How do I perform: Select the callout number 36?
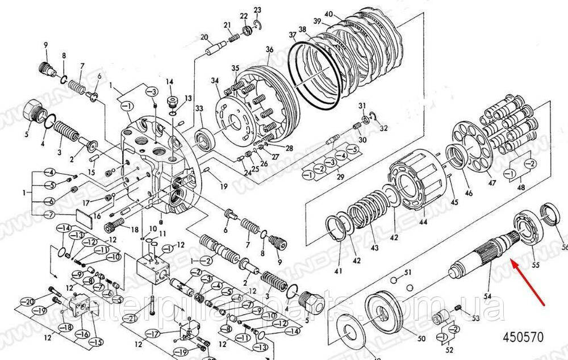[x=269, y=49]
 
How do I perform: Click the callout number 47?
[x=492, y=183]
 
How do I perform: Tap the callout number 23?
[x=257, y=10]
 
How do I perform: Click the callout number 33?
[x=199, y=108]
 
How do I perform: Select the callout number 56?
[x=565, y=247]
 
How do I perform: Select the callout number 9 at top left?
[x=46, y=44]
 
